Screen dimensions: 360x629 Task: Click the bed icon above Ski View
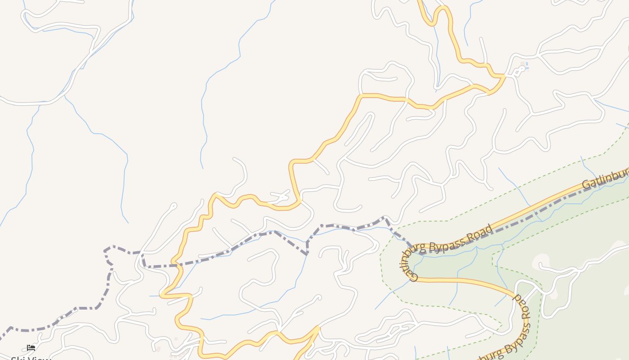click(x=31, y=347)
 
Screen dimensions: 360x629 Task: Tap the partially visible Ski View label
click(x=31, y=358)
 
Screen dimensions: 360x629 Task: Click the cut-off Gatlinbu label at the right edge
click(x=604, y=179)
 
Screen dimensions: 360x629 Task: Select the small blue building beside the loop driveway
click(x=527, y=66)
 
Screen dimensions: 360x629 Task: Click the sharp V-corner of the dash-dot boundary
click(x=307, y=254)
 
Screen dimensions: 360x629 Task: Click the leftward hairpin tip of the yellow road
click(x=161, y=295)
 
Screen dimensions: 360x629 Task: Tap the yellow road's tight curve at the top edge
click(x=443, y=8)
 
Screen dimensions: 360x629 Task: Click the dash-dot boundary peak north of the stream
click(x=385, y=218)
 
